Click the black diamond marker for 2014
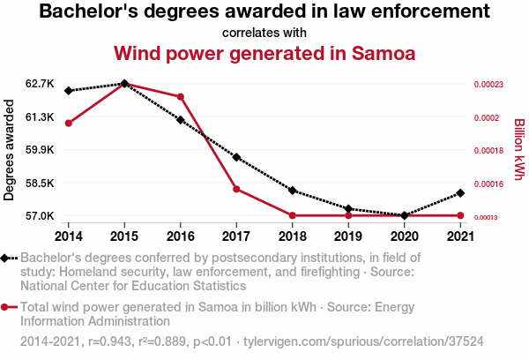pos(68,91)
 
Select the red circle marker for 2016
pos(180,96)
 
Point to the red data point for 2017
pos(236,189)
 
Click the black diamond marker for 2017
pos(236,157)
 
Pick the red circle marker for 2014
pos(68,123)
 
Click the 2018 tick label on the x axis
pos(292,236)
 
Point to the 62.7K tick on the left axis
pos(41,84)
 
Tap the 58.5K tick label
pos(41,183)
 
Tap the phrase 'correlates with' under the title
pos(264,33)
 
